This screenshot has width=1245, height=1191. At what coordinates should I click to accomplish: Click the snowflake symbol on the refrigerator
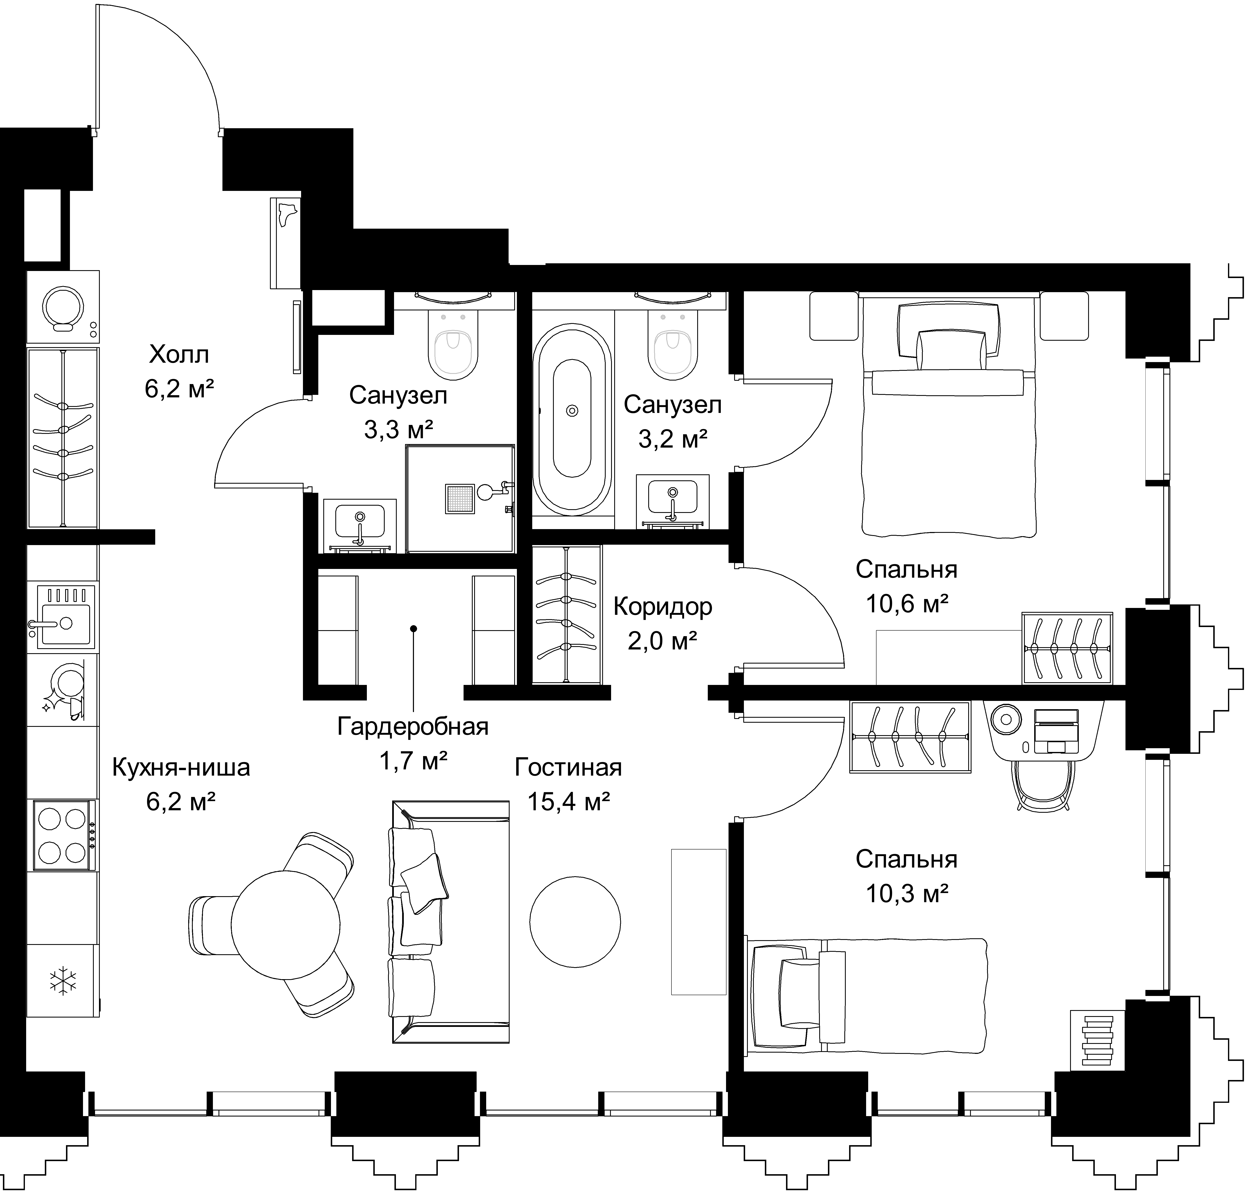(63, 981)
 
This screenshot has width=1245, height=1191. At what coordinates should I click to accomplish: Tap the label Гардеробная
(413, 726)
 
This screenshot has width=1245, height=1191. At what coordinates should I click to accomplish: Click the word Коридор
(663, 607)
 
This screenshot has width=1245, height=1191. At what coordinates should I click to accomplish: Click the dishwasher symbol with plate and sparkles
(63, 690)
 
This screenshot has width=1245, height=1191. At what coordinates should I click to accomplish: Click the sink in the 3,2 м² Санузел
(672, 501)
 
